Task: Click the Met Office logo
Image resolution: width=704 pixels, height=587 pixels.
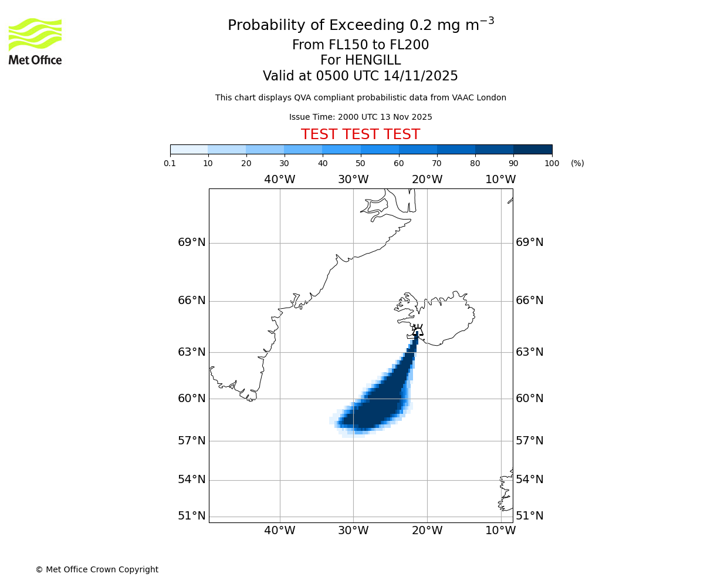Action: click(x=35, y=41)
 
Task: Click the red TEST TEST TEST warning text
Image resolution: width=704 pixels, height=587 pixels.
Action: click(x=360, y=135)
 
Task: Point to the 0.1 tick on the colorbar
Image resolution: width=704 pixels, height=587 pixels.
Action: click(x=170, y=163)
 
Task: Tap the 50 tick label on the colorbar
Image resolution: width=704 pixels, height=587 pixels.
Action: click(x=361, y=163)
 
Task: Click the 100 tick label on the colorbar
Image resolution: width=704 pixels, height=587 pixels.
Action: click(x=551, y=163)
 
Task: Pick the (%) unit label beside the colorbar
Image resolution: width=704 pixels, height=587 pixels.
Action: click(x=577, y=163)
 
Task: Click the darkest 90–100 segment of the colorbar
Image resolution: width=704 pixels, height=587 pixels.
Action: click(x=533, y=149)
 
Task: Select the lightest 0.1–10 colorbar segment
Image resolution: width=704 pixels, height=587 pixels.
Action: click(x=189, y=149)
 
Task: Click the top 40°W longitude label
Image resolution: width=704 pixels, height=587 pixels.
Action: click(x=280, y=180)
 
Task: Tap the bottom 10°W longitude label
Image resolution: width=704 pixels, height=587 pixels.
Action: click(x=500, y=531)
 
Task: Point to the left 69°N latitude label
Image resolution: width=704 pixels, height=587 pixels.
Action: click(x=192, y=242)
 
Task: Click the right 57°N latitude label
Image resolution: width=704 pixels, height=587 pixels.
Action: click(x=530, y=441)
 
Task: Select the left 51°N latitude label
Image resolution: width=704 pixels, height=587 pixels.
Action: click(x=192, y=516)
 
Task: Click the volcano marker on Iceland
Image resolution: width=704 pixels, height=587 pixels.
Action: click(x=417, y=330)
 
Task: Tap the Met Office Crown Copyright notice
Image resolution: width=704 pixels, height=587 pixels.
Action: click(x=97, y=569)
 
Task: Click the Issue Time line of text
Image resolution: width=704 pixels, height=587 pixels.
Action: click(x=360, y=117)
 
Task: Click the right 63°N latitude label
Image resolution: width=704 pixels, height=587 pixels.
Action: click(x=530, y=352)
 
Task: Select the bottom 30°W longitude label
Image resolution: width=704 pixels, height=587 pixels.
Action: click(x=353, y=531)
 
